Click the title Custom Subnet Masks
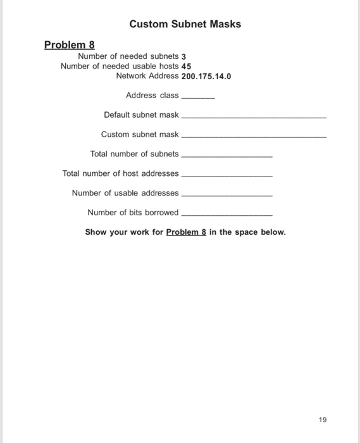click(x=185, y=24)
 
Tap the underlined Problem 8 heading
click(x=70, y=45)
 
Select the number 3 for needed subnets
click(x=183, y=56)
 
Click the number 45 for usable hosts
click(x=186, y=66)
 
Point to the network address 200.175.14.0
click(x=206, y=76)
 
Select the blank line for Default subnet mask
click(x=254, y=118)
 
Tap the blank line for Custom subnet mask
click(x=254, y=137)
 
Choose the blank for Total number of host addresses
click(x=227, y=176)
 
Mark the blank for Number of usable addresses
click(x=227, y=196)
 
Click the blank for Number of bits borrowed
click(x=227, y=215)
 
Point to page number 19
click(x=323, y=420)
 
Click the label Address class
click(x=152, y=96)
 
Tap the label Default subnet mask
click(x=141, y=115)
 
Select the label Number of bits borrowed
click(x=133, y=213)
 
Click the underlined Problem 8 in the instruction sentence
click(x=186, y=232)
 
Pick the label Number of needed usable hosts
click(x=116, y=66)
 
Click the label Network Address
click(x=147, y=76)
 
